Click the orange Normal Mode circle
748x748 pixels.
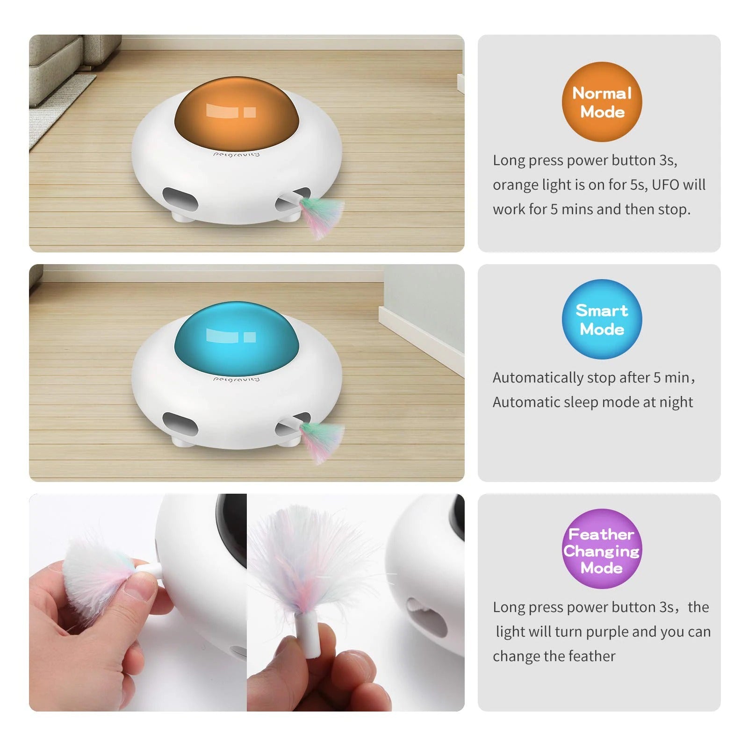click(602, 102)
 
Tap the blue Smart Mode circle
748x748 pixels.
click(602, 319)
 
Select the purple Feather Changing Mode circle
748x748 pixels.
click(602, 549)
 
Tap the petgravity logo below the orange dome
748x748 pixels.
click(236, 154)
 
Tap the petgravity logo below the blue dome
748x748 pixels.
click(236, 379)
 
